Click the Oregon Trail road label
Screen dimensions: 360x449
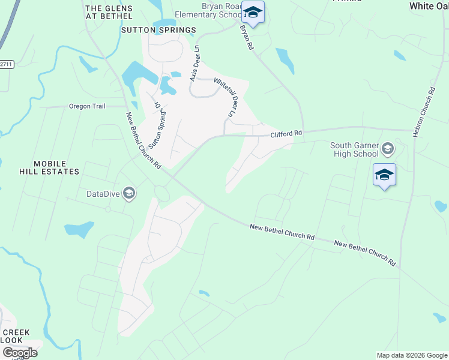tap(87, 106)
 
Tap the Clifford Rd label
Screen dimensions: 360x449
tap(285, 134)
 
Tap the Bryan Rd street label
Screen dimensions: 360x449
tap(247, 37)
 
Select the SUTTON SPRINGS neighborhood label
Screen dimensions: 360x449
tap(158, 29)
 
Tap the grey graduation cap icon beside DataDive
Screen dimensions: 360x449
tap(128, 193)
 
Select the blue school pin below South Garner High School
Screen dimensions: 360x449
tap(384, 175)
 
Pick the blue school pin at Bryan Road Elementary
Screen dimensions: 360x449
tap(253, 13)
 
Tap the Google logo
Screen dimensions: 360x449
tap(20, 352)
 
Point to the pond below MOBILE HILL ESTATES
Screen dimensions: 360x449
tap(79, 229)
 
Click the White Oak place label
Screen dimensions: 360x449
tap(428, 5)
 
